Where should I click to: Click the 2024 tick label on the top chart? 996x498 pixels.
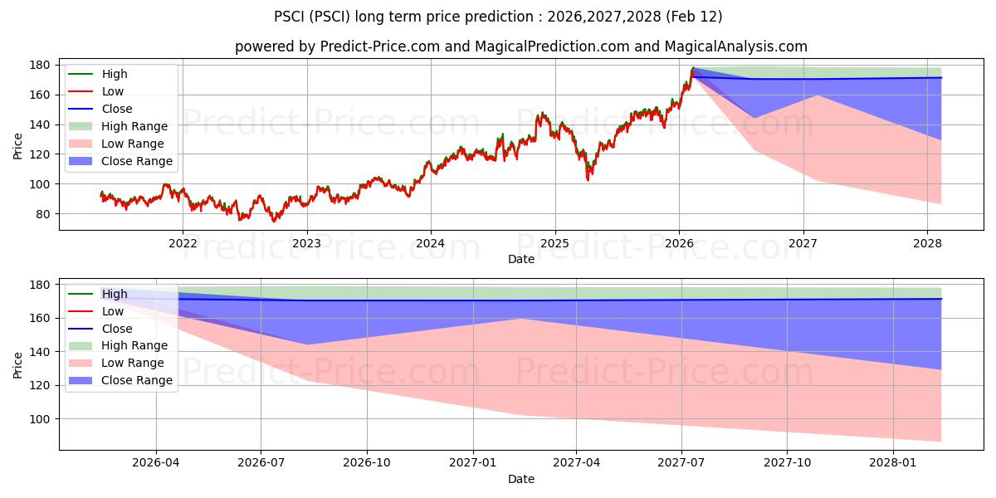tap(431, 243)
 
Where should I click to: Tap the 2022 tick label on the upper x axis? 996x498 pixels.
tap(183, 243)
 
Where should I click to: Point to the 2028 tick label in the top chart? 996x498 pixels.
tap(927, 243)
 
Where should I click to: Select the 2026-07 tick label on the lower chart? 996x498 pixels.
tap(261, 463)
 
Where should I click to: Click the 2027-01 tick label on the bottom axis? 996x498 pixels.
tap(473, 463)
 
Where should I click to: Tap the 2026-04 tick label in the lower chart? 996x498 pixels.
tap(156, 463)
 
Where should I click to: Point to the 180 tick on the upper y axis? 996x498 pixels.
tap(39, 65)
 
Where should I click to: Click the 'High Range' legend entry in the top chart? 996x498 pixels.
tap(134, 126)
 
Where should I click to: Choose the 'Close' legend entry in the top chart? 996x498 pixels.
tap(117, 109)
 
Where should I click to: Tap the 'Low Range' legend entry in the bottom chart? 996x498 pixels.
tap(133, 363)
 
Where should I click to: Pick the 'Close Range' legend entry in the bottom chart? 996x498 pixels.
tap(137, 380)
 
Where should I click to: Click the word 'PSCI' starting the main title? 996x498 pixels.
tap(290, 17)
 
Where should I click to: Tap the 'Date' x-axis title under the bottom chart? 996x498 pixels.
tap(520, 479)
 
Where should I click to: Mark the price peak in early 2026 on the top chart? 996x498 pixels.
tap(693, 68)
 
